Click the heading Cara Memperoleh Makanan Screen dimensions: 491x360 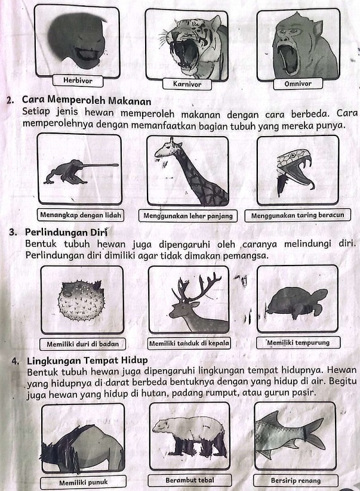pyautogui.click(x=86, y=99)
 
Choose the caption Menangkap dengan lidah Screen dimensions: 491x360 pyautogui.click(x=80, y=214)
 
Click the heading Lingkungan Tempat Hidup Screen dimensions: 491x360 pyautogui.click(x=87, y=360)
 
